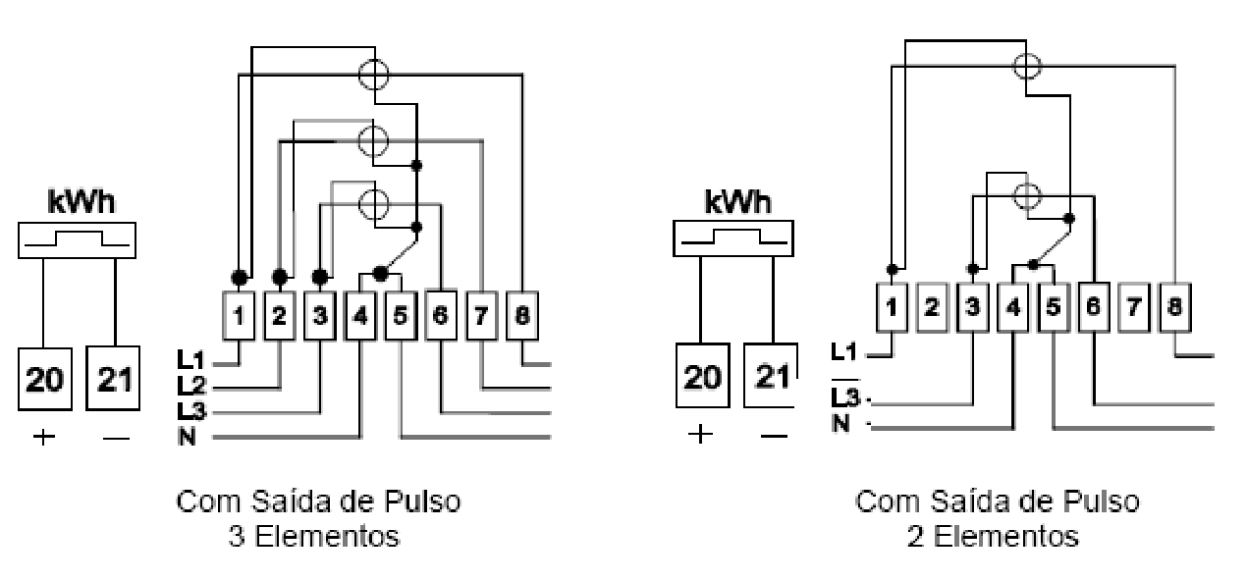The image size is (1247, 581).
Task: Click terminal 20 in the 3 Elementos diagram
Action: (x=45, y=379)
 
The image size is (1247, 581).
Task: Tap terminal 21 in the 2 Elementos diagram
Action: (x=771, y=376)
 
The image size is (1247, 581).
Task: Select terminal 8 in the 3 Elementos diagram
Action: (x=522, y=316)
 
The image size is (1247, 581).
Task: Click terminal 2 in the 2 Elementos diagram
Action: (x=932, y=307)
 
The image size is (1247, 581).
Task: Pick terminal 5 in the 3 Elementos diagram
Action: (x=401, y=316)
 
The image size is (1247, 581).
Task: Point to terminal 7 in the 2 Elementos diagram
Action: (x=1134, y=307)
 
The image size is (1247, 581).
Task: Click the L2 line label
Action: (x=190, y=385)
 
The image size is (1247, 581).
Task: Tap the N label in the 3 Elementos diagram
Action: (x=187, y=437)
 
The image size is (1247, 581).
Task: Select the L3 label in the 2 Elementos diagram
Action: (x=844, y=397)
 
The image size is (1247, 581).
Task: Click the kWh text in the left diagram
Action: (x=81, y=201)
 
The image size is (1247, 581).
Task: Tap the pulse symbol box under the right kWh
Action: (x=733, y=238)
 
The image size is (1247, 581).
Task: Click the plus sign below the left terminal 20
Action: (x=44, y=437)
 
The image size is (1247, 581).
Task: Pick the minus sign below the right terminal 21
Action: (x=774, y=436)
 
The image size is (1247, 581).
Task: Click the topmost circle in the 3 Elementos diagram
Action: (x=374, y=75)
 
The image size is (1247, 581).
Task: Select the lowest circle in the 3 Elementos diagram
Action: (x=374, y=204)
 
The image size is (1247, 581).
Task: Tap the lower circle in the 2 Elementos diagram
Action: (x=1026, y=196)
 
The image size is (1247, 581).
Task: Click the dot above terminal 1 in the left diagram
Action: (x=240, y=277)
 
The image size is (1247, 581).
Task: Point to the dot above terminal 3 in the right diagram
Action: (x=973, y=269)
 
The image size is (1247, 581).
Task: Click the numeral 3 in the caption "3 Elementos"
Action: (x=236, y=537)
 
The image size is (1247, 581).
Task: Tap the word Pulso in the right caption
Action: (x=1101, y=502)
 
